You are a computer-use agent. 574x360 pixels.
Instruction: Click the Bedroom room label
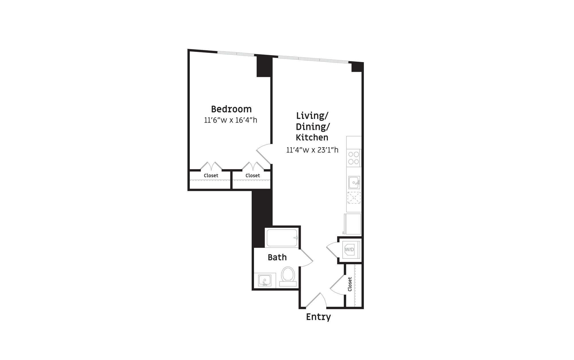point(231,109)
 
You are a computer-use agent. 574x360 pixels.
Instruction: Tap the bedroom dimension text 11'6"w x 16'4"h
point(230,120)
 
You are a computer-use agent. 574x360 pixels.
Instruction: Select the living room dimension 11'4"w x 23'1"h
point(312,150)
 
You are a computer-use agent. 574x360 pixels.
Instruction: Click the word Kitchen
point(312,137)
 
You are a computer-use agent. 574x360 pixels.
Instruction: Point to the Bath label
point(277,257)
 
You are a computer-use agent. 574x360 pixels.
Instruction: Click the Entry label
point(318,317)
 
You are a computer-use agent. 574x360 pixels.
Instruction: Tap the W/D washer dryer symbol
point(350,250)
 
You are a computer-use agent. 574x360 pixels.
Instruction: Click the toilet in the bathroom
point(288,277)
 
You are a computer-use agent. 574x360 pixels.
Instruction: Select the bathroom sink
point(265,280)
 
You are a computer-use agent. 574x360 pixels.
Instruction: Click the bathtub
point(282,238)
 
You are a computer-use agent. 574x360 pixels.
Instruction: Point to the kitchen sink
point(354,182)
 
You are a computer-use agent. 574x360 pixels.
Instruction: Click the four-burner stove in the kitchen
point(354,158)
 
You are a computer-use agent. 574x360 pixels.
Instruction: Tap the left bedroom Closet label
point(211,176)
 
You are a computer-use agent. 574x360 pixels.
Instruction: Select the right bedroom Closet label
point(253,176)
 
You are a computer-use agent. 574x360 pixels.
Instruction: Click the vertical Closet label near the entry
point(350,284)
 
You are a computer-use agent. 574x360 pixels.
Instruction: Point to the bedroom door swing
point(263,153)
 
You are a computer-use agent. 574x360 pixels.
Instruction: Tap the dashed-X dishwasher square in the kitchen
point(354,198)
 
